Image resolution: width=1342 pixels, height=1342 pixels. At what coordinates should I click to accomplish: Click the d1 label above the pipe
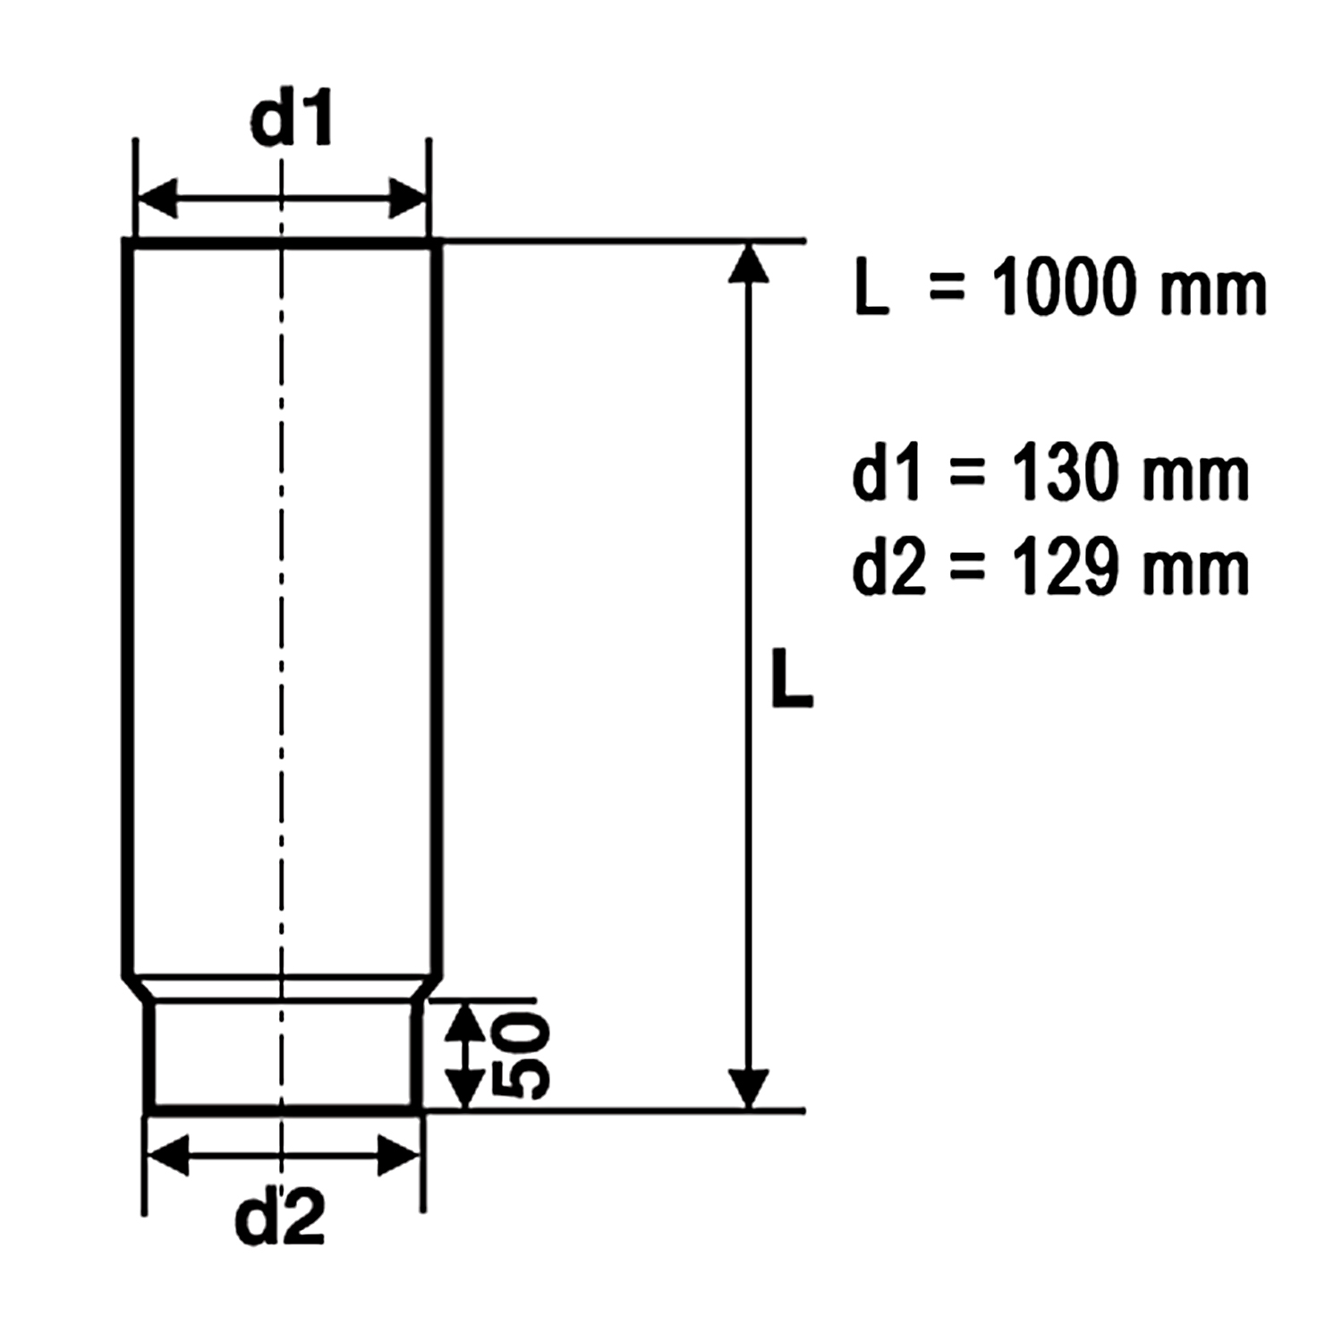[292, 119]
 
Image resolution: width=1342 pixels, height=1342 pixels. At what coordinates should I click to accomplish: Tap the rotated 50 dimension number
[522, 1056]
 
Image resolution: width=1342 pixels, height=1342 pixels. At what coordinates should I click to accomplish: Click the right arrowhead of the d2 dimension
[399, 1155]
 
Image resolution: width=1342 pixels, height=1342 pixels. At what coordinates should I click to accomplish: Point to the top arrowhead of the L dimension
[749, 263]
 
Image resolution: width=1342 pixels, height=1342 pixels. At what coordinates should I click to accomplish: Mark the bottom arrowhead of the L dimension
[749, 1088]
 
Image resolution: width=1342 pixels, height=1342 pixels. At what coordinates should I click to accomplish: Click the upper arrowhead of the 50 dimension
[464, 1023]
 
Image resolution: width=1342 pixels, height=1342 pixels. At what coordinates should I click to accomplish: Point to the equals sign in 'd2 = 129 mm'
[966, 569]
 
